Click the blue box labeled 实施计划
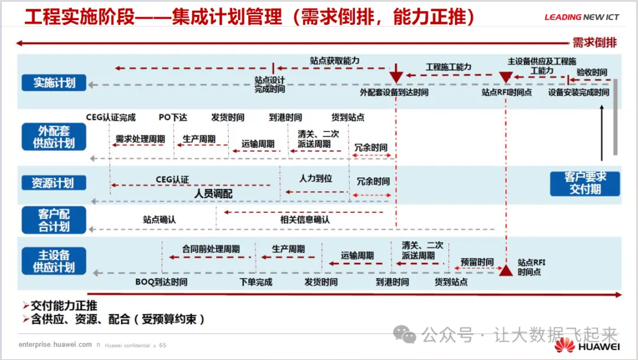coord(54,82)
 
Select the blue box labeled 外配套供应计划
coord(54,137)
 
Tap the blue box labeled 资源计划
coord(54,183)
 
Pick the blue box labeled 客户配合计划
coord(54,219)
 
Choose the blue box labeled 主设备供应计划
coord(54,261)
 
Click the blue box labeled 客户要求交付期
coord(585,183)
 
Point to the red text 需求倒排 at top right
coord(594,43)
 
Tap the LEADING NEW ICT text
coord(581,17)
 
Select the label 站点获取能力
coord(334,61)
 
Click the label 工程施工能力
coord(448,67)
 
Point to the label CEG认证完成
coord(110,118)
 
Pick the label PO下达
coord(172,118)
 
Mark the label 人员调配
coord(213,193)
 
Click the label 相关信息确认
coord(305,219)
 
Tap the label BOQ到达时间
coord(161,282)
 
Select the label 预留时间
coord(477,262)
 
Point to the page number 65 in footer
coord(163,345)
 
